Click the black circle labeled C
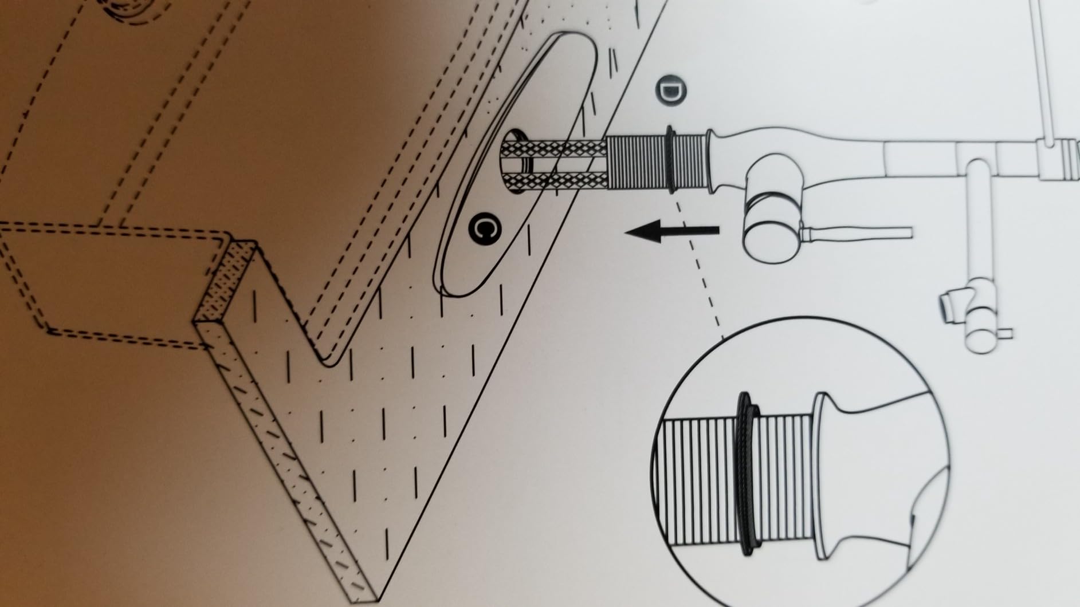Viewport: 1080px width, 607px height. (485, 228)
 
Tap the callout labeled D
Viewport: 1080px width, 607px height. (671, 90)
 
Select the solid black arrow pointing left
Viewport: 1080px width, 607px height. (671, 232)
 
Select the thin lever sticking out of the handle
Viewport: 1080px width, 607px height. (857, 233)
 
